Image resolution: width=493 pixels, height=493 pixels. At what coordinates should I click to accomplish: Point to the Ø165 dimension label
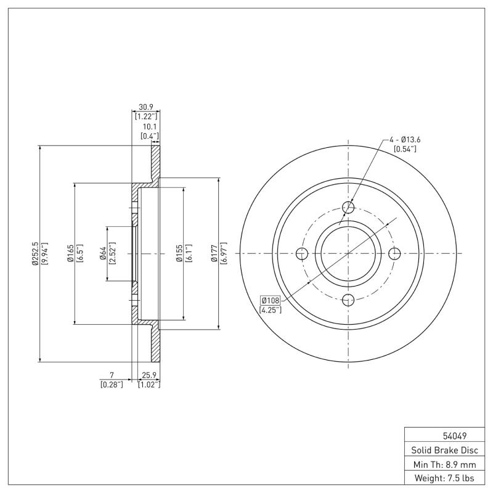(x=71, y=253)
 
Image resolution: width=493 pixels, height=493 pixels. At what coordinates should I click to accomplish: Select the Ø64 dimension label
(x=104, y=253)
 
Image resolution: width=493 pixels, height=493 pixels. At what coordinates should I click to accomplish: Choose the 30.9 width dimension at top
(x=146, y=107)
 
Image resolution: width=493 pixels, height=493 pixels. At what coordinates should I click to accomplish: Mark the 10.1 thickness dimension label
(x=149, y=126)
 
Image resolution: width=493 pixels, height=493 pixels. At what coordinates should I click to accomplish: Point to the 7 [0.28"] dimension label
(x=112, y=375)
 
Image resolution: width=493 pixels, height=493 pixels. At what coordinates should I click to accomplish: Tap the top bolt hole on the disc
(x=348, y=206)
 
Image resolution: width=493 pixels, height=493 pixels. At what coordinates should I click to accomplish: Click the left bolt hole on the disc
(x=302, y=253)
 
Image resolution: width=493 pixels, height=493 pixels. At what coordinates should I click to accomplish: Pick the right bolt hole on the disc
(x=395, y=253)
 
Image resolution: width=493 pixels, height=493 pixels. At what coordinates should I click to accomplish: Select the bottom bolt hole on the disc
(x=348, y=300)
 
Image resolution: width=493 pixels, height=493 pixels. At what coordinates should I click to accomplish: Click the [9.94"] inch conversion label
(x=44, y=253)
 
